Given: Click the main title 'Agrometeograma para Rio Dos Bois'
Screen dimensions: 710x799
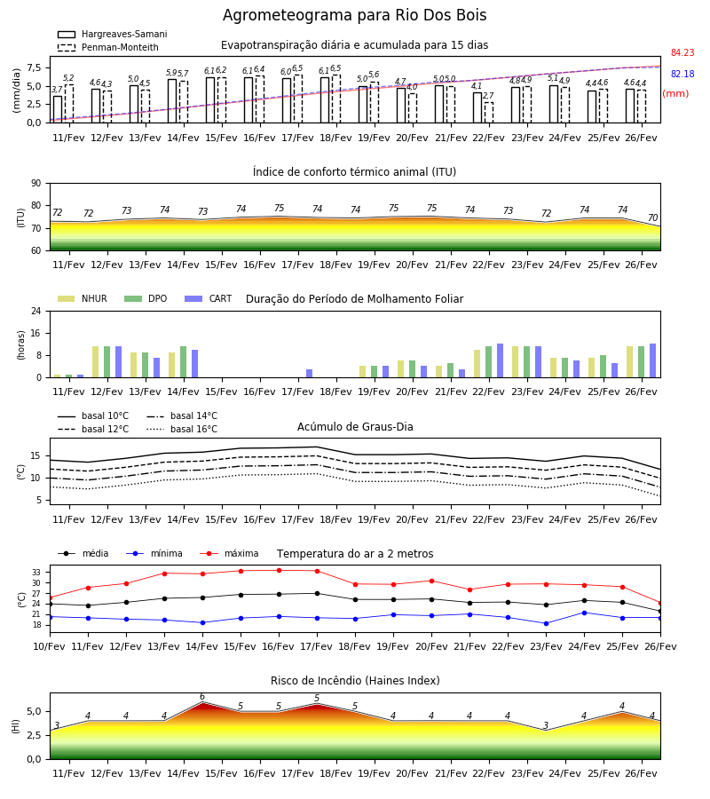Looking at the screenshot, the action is point(354,15).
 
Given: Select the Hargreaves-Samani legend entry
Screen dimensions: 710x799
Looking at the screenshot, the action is point(112,34).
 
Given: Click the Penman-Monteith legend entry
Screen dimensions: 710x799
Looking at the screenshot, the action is point(108,47).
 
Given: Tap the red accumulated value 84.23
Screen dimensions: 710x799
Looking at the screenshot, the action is point(682,53).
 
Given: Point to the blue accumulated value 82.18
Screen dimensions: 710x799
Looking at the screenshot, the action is point(682,74).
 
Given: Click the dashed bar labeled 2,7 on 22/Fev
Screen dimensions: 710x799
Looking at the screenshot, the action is point(489,113).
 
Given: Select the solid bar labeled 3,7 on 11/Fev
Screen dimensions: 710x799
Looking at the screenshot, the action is point(58,109).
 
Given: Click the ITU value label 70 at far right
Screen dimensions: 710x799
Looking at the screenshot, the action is point(652,218).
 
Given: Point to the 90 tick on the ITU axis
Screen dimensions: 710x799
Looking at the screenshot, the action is point(36,184).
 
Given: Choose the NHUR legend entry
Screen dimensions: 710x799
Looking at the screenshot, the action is point(83,298).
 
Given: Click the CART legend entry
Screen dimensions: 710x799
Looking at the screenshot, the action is point(209,298).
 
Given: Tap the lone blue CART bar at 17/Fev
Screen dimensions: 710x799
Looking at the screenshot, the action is point(309,374).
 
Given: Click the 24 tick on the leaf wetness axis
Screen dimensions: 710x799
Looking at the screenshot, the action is point(36,311).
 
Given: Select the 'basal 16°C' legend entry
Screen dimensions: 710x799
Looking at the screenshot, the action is point(182,429).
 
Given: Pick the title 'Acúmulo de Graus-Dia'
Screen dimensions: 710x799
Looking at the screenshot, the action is point(355,426).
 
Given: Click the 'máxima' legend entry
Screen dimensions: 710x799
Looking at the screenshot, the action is point(229,553).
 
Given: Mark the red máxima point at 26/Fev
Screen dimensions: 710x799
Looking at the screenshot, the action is point(660,604).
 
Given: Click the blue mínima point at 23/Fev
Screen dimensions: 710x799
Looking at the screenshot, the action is point(546,623).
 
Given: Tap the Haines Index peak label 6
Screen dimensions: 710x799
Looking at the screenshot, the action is point(202,697).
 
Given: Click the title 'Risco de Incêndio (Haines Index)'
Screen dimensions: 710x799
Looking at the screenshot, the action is point(355,681).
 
